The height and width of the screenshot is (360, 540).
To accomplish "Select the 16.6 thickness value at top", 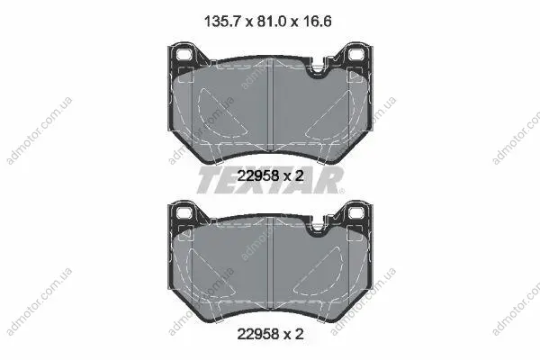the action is [x=317, y=22].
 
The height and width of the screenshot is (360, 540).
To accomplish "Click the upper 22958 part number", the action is [x=258, y=176].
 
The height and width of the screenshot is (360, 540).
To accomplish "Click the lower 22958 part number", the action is [x=258, y=334].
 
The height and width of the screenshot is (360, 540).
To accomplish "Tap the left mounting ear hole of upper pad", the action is [x=184, y=54].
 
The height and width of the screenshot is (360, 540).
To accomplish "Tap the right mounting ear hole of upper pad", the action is [x=356, y=54].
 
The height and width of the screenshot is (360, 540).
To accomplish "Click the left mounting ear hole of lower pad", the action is [x=184, y=212].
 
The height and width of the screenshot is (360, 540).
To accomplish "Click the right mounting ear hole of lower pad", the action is [x=356, y=212].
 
